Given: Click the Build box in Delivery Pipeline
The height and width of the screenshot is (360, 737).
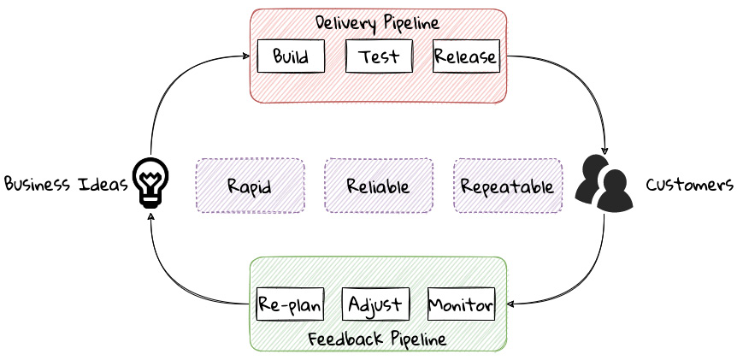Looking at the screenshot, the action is pos(291,56).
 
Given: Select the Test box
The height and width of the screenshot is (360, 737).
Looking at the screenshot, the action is pos(379,56).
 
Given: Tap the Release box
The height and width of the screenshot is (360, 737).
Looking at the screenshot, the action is pos(466,56).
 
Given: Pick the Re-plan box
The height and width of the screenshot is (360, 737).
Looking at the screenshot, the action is pos(290,304).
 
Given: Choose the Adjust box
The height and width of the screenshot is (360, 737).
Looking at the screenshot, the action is pos(375,304).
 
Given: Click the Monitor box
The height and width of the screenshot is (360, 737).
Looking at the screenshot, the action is pos(461,304).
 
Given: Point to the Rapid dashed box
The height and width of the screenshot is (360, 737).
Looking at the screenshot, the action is pos(250,186).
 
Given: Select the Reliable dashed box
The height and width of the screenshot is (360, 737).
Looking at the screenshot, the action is pos(379,186).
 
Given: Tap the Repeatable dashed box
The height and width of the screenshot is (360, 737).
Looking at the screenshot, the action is pos(508,186).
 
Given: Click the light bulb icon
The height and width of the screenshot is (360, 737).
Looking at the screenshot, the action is pos(150,183).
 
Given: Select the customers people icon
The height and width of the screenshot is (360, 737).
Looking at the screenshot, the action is pos(604,183).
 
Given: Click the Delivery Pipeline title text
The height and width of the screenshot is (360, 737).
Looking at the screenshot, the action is pos(377,23).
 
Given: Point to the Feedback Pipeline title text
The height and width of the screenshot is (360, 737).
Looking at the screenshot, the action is pos(377,339).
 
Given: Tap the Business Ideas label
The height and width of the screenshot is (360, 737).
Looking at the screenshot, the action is pos(67,183).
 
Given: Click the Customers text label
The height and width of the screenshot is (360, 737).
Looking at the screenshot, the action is pos(689,185).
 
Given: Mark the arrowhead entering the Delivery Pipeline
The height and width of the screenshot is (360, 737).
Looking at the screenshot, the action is pos(246,56).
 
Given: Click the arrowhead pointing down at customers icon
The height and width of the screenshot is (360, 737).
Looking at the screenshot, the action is pos(604,150).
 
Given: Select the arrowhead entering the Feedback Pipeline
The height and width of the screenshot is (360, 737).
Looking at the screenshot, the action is pos(511,304).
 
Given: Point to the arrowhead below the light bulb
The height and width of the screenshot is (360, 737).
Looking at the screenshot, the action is pos(150,216).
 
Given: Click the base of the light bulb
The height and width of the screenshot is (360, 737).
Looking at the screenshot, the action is pos(150,202).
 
